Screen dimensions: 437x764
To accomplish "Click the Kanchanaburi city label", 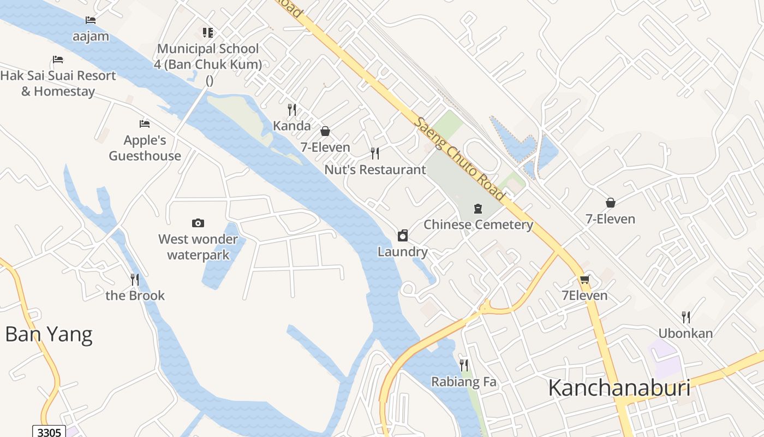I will coord(619,388).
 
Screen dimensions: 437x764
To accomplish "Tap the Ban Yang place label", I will coord(49,334).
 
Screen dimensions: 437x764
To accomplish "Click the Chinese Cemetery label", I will coord(478,225).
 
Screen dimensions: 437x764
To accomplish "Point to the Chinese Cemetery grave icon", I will coord(479,209).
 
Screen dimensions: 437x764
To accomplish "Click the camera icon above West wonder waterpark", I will coord(198,223).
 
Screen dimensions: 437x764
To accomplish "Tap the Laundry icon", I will coord(403,235).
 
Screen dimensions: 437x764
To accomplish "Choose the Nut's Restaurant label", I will coord(375,170).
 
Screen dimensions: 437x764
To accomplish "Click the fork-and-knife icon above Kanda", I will coord(292,110).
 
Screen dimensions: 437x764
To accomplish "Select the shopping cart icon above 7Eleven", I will coord(584,280).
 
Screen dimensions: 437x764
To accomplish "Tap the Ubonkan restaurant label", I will coord(685,333).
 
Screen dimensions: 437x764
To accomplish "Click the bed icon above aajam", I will coord(91,20).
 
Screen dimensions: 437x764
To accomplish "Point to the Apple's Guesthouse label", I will coord(145,148).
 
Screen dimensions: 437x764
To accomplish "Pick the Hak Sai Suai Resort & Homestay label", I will coord(58,84).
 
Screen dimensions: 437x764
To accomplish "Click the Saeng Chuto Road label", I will coord(459,158).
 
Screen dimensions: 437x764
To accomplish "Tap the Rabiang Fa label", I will coord(464,382).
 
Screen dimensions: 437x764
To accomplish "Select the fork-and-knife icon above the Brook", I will coord(135,280).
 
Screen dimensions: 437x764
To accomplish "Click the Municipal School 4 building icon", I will coord(207,33).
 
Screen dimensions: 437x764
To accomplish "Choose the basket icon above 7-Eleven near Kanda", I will coord(325,131).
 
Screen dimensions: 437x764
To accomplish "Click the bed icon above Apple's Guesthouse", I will coord(145,124).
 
